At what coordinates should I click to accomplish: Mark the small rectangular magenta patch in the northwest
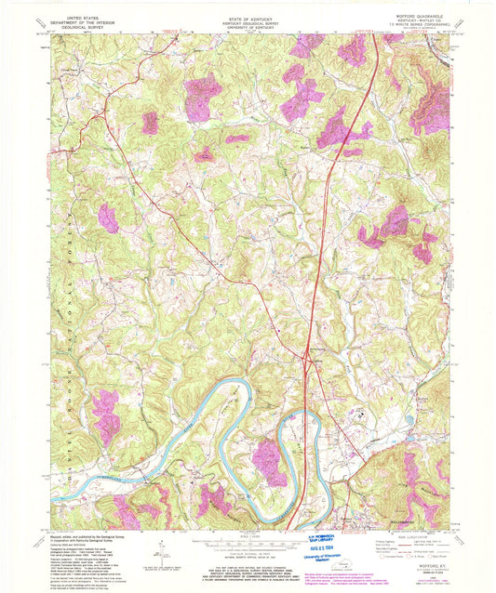150,122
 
